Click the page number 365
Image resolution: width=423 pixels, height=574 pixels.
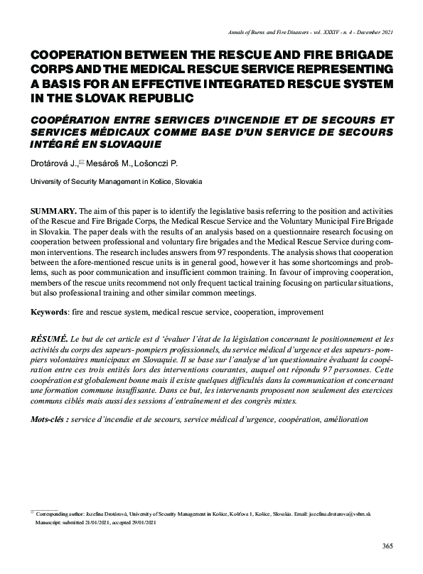(387, 546)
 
